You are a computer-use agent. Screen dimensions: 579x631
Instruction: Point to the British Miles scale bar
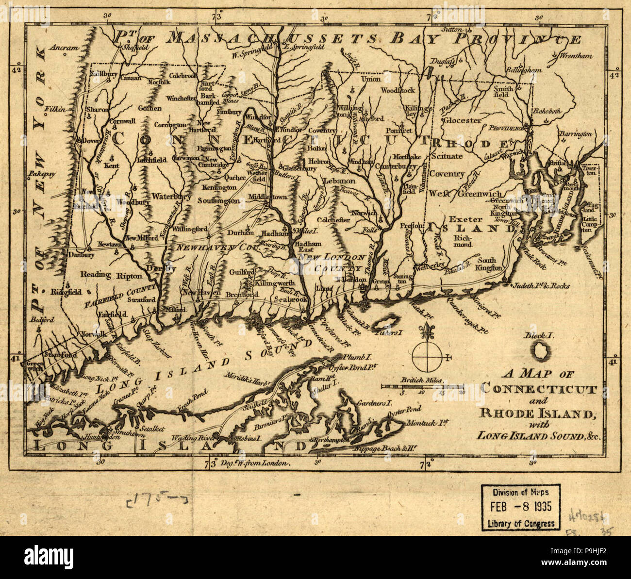pos(422,387)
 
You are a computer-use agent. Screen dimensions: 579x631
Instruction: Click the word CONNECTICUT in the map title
pos(539,389)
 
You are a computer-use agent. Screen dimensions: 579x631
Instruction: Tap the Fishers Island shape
pos(388,323)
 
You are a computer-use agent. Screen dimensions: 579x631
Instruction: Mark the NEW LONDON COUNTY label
pos(332,262)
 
